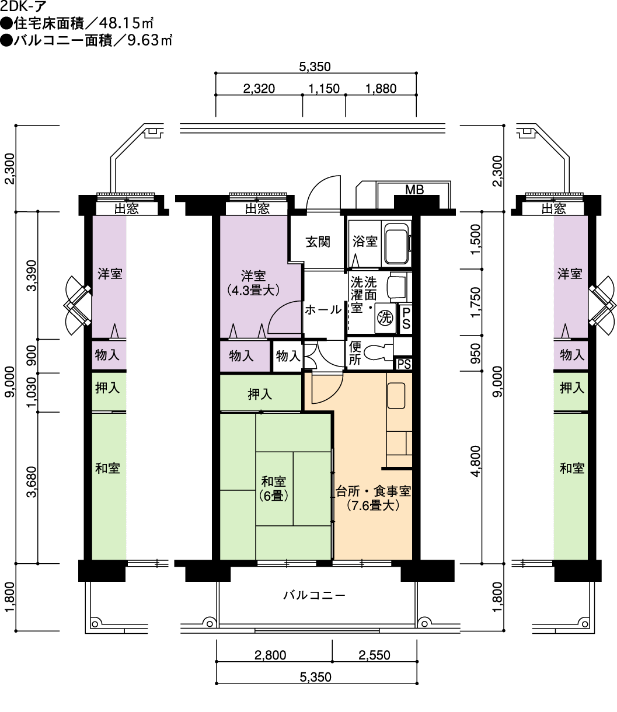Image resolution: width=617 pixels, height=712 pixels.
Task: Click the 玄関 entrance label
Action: pyautogui.click(x=318, y=242)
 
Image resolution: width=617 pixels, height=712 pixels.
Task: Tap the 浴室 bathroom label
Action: pyautogui.click(x=365, y=241)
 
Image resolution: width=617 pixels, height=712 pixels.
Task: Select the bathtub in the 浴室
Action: pyautogui.click(x=397, y=243)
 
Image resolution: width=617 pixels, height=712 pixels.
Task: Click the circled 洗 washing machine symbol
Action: pyautogui.click(x=385, y=317)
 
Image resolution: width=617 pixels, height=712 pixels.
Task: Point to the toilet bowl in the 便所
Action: pyautogui.click(x=377, y=352)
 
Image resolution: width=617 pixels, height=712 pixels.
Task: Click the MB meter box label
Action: pyautogui.click(x=414, y=190)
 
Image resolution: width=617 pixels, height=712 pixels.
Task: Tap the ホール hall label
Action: pyautogui.click(x=323, y=310)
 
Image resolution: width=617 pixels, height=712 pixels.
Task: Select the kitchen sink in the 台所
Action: pyautogui.click(x=396, y=396)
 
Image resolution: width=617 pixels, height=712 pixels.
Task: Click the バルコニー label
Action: pyautogui.click(x=314, y=595)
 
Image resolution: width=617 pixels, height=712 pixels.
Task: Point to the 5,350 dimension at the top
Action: pyautogui.click(x=315, y=67)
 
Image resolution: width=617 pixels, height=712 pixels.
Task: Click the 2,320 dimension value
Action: pyautogui.click(x=259, y=89)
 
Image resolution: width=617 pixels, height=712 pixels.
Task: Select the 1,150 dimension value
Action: pyautogui.click(x=324, y=89)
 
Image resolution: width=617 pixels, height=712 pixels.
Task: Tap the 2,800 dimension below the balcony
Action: pyautogui.click(x=270, y=655)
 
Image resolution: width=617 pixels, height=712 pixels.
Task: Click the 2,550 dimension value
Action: pyautogui.click(x=375, y=655)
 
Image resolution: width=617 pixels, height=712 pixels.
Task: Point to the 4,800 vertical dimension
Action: pyautogui.click(x=476, y=461)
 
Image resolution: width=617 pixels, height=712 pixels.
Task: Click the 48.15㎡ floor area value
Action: pyautogui.click(x=126, y=23)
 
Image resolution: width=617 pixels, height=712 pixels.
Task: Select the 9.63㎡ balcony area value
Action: pyautogui.click(x=150, y=40)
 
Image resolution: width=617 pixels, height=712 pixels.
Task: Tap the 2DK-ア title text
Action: pyautogui.click(x=23, y=6)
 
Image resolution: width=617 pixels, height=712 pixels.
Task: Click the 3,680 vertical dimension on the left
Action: pyautogui.click(x=32, y=482)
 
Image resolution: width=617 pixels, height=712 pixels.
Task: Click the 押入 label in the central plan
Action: pyautogui.click(x=260, y=395)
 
